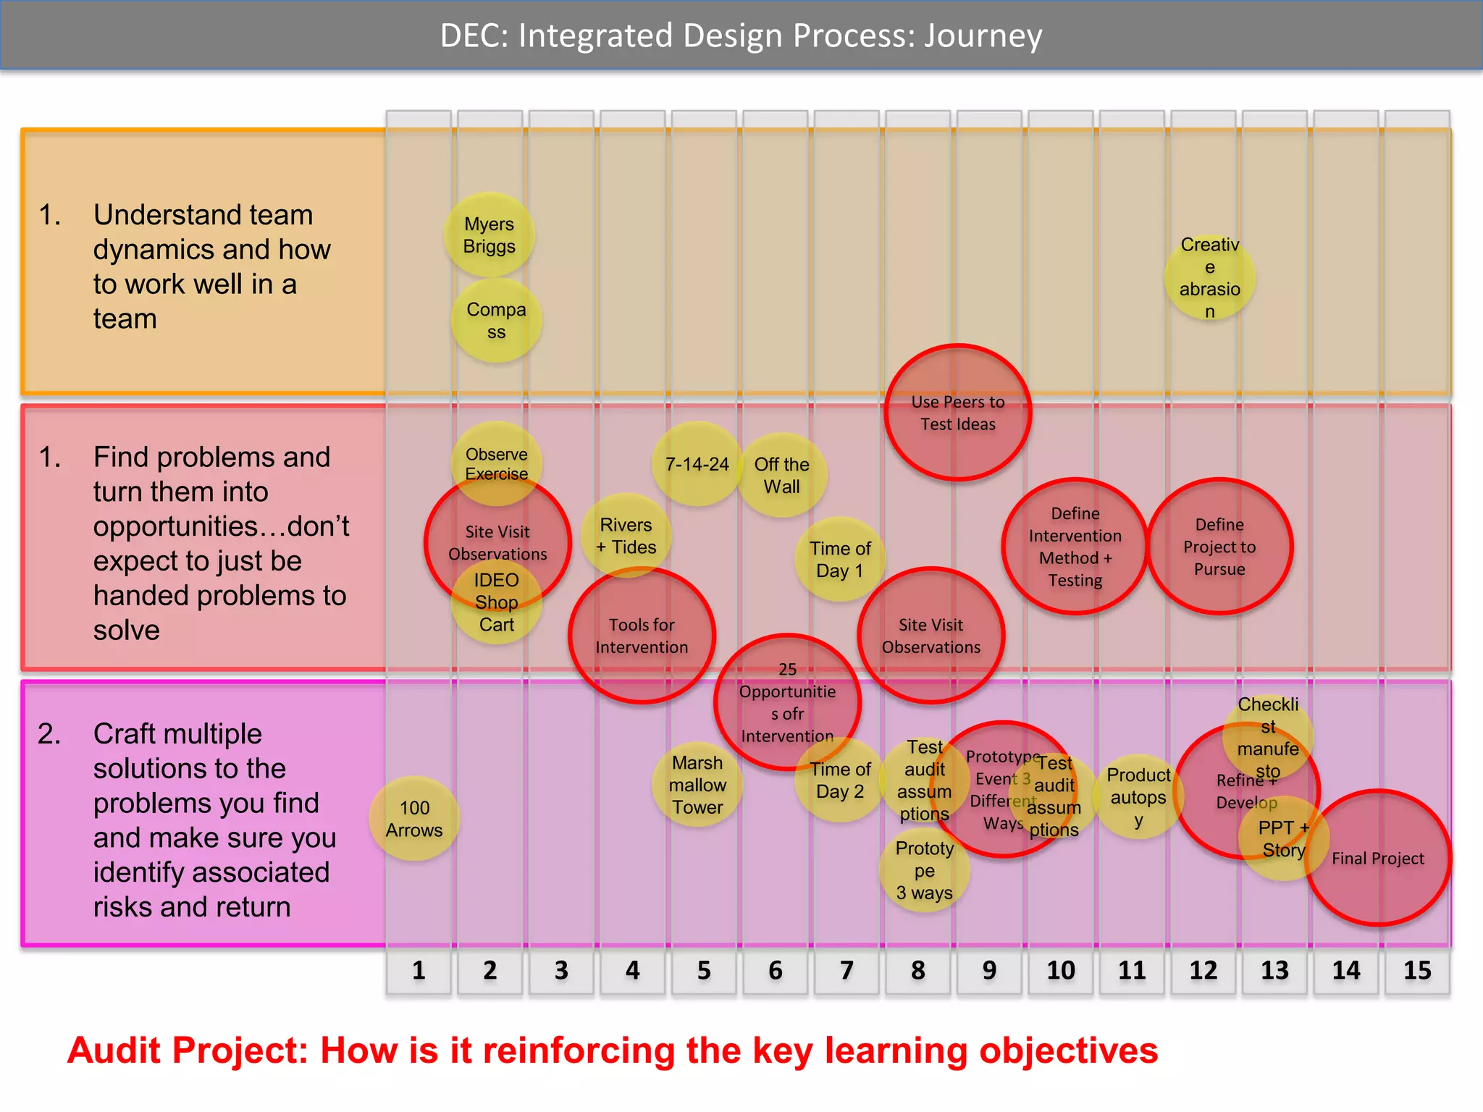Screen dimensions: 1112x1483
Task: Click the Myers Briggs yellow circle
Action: click(x=490, y=235)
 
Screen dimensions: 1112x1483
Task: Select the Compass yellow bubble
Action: click(x=496, y=321)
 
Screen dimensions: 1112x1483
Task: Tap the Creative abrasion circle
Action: click(x=1209, y=278)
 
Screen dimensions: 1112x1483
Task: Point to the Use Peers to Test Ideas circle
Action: click(x=957, y=413)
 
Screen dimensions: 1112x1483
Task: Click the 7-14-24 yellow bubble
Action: click(x=697, y=464)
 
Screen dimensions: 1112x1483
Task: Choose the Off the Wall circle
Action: click(x=782, y=476)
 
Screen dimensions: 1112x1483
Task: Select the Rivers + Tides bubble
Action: click(x=626, y=536)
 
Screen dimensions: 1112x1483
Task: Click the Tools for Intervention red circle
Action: click(x=642, y=636)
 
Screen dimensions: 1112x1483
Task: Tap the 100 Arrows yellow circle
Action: click(x=414, y=819)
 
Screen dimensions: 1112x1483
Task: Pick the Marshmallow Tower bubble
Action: click(x=697, y=785)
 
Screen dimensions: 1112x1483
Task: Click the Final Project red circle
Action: click(x=1377, y=859)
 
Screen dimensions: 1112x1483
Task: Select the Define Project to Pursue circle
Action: click(x=1219, y=547)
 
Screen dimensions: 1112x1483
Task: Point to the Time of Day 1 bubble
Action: click(x=840, y=559)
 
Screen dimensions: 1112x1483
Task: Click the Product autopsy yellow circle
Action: click(x=1138, y=797)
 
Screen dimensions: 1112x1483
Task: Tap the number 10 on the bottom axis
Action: click(x=1061, y=970)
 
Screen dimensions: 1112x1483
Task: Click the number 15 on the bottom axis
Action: click(x=1417, y=970)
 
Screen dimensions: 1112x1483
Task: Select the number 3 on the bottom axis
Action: click(x=561, y=970)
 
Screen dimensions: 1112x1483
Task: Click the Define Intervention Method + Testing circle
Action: click(x=1075, y=547)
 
